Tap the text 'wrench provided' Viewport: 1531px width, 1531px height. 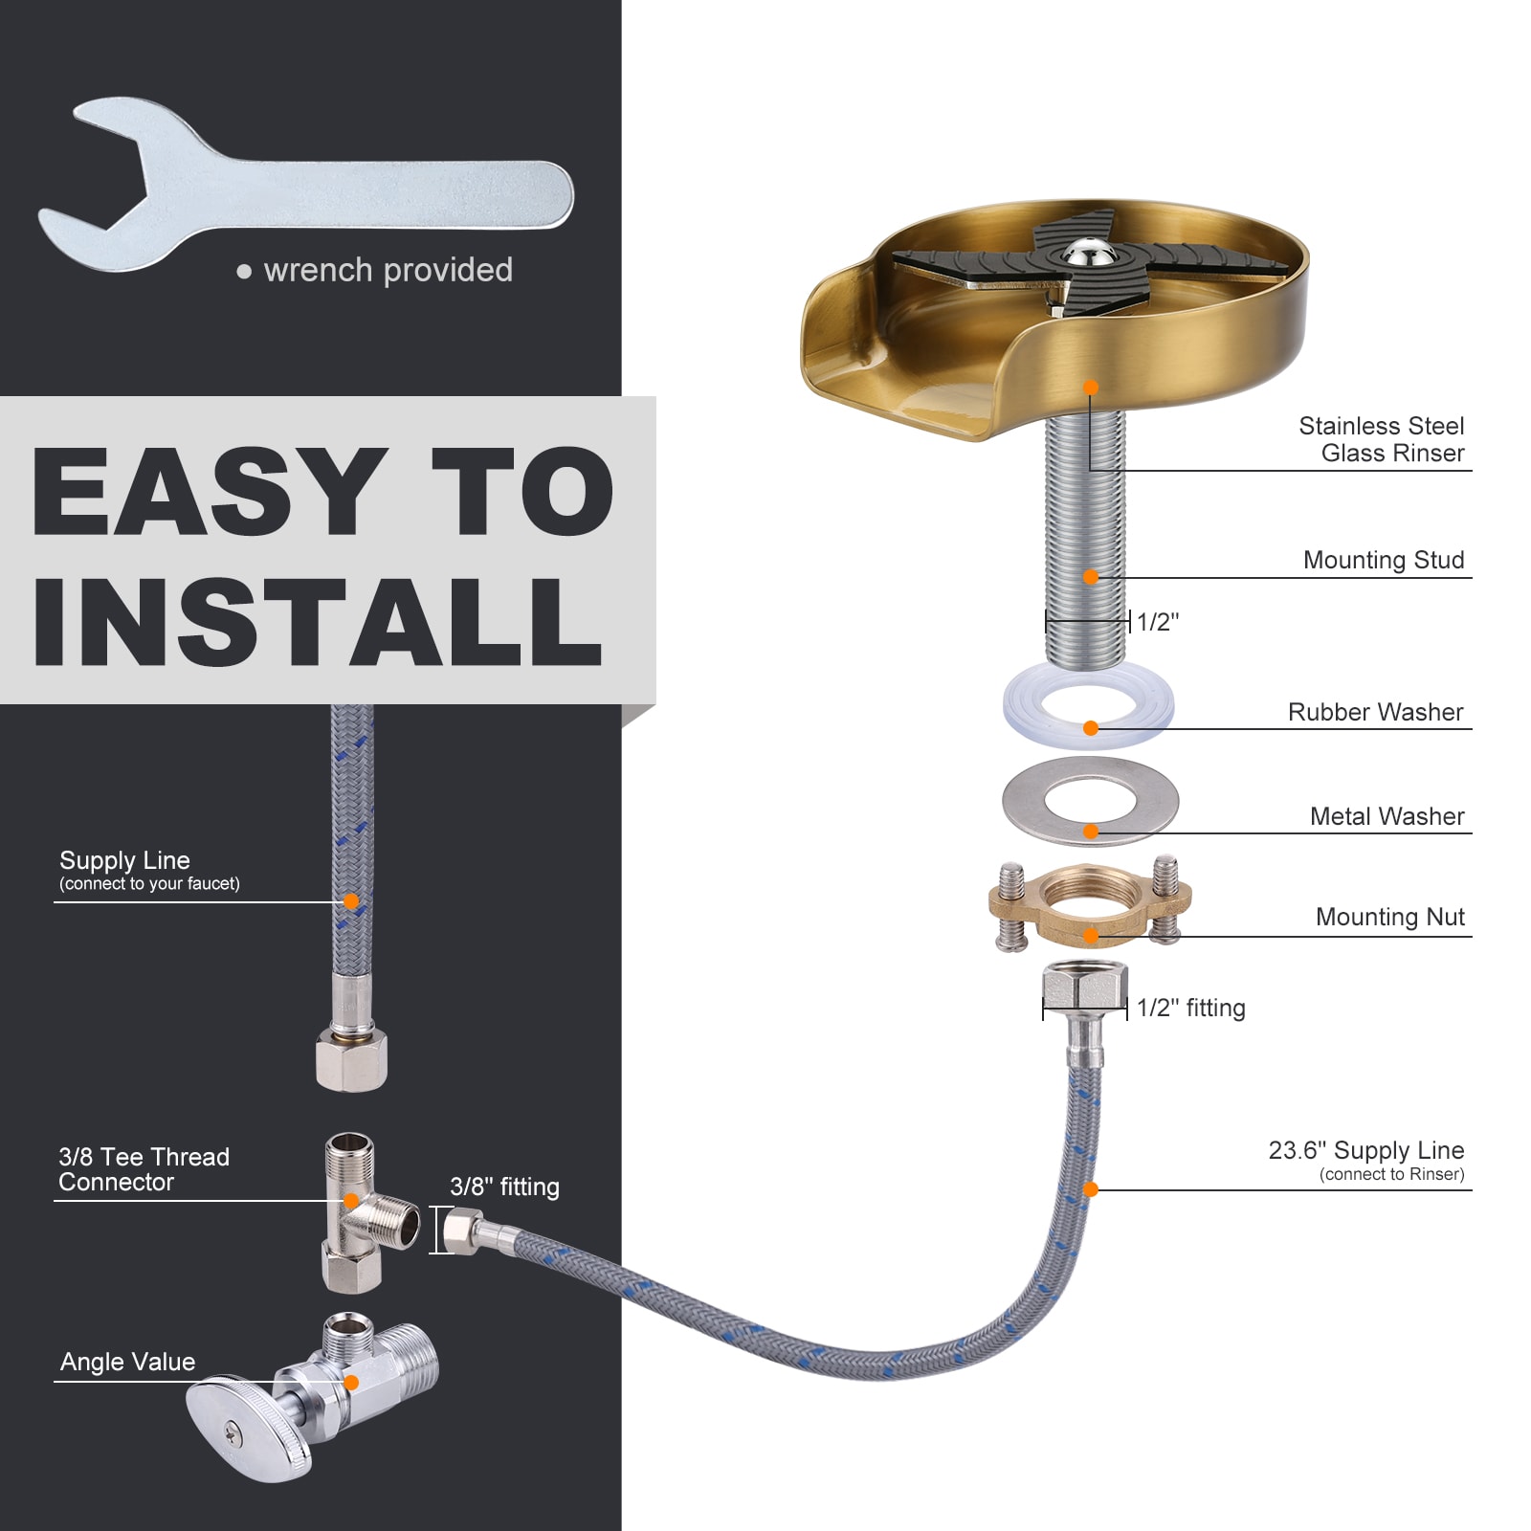pyautogui.click(x=388, y=271)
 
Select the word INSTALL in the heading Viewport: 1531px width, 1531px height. pyautogui.click(x=316, y=622)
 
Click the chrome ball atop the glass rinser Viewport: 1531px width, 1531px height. pyautogui.click(x=1089, y=253)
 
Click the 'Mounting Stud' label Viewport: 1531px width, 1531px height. pyautogui.click(x=1383, y=560)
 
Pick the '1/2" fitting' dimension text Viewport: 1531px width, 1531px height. pyautogui.click(x=1190, y=1008)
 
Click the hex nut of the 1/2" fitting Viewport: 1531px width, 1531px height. pyautogui.click(x=1084, y=987)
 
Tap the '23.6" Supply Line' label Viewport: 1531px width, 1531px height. pyautogui.click(x=1365, y=1150)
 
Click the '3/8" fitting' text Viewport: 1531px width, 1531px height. pyautogui.click(x=504, y=1187)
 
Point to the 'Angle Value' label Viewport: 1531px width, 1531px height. pyautogui.click(x=127, y=1362)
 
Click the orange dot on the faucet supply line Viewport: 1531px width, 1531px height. pyautogui.click(x=351, y=901)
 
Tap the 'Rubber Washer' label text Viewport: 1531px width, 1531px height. pyautogui.click(x=1375, y=712)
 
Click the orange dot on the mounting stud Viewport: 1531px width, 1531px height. pyautogui.click(x=1090, y=577)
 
